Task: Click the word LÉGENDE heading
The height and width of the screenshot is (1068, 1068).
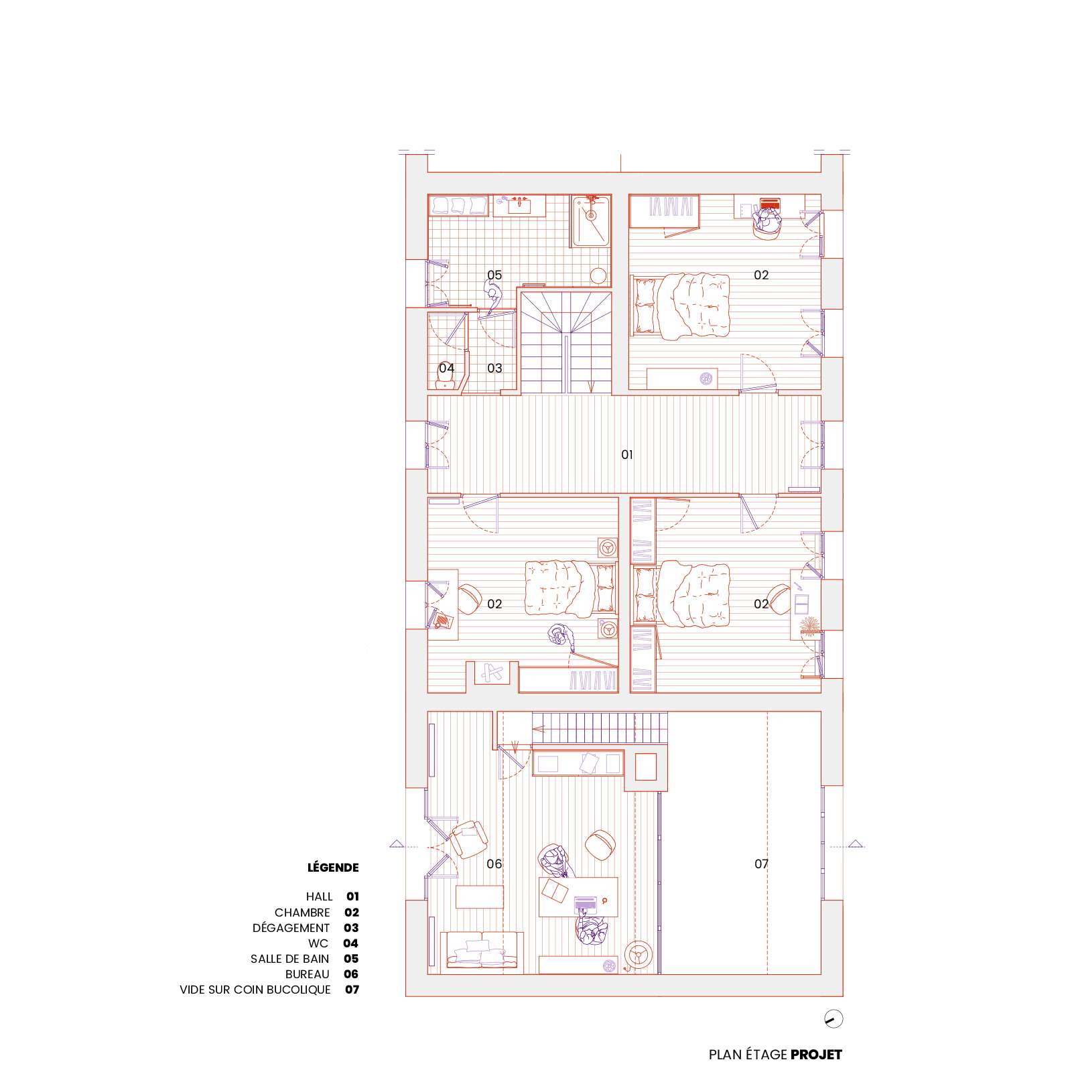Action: coord(333,867)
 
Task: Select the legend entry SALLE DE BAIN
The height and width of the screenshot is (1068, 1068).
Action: coord(290,959)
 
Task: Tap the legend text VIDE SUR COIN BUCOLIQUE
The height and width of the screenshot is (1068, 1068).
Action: coord(255,990)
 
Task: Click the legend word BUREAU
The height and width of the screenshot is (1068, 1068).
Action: coord(308,974)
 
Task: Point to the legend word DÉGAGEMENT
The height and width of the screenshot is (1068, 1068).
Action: coord(291,928)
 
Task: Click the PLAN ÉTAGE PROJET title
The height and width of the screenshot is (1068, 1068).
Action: coord(775,1055)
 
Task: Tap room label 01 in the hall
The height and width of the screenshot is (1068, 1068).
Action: coord(627,455)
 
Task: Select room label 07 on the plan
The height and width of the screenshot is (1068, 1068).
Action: coord(761,864)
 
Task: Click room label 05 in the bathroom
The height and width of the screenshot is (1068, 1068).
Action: coord(494,275)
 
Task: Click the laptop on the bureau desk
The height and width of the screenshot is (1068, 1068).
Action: coord(586,903)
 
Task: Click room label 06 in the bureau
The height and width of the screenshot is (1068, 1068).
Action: coord(494,864)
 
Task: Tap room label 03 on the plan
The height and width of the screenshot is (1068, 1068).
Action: coord(494,368)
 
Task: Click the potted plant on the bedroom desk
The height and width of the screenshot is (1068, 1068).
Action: coord(810,624)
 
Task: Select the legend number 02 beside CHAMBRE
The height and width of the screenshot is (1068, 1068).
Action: coord(352,913)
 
